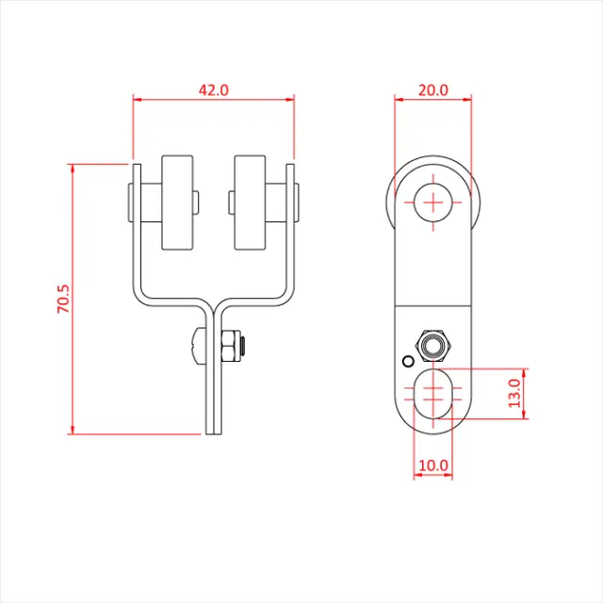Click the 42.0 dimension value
click(214, 90)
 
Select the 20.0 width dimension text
click(432, 90)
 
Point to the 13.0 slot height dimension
click(513, 392)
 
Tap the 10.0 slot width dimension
click(433, 465)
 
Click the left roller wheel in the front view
click(176, 202)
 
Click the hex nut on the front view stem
click(229, 348)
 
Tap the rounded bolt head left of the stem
click(196, 348)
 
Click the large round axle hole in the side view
click(432, 202)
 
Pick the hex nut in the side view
click(432, 346)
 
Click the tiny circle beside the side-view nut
click(407, 361)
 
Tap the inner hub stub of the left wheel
click(195, 201)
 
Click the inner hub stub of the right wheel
click(231, 201)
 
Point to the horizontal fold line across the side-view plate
click(432, 307)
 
